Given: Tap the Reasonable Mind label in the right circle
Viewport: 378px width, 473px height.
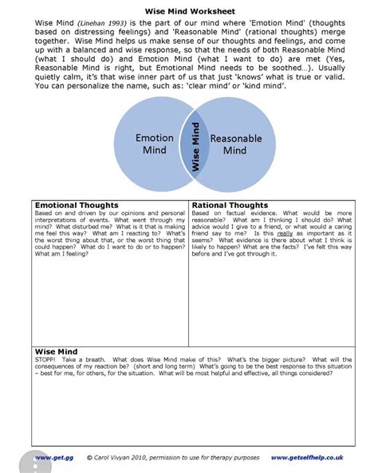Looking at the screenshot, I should (x=236, y=144).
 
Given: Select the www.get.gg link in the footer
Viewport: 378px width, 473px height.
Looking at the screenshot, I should (x=47, y=458).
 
